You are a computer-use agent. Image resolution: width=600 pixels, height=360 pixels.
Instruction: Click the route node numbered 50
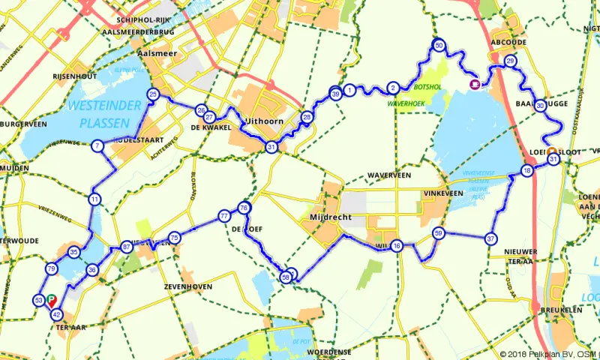(x=439, y=46)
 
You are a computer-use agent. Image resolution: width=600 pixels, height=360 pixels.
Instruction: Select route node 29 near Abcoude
(x=511, y=61)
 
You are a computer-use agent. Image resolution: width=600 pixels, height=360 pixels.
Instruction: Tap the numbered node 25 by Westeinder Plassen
(x=154, y=94)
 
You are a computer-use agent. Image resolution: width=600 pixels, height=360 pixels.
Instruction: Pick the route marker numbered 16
(x=397, y=246)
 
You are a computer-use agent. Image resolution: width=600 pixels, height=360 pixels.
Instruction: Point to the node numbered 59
(x=439, y=234)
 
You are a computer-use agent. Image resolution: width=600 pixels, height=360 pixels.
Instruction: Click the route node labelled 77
(x=224, y=216)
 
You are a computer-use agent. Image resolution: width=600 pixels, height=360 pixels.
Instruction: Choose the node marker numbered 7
(x=97, y=146)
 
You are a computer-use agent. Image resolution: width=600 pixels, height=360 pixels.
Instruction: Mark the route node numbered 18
(x=527, y=171)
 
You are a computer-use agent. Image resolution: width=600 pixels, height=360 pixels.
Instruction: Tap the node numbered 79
(x=52, y=268)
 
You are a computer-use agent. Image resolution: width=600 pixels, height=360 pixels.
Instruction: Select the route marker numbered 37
(x=491, y=238)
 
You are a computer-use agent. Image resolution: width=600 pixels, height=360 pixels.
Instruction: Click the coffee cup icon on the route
(x=475, y=85)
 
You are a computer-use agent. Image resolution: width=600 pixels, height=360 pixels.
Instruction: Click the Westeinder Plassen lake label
(x=104, y=112)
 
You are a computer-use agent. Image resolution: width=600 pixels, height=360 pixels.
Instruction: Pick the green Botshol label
(x=414, y=97)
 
